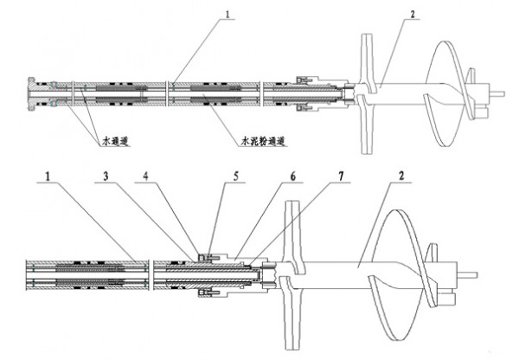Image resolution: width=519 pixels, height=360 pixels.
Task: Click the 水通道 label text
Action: [x=115, y=142]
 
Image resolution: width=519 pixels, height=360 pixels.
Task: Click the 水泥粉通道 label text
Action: [x=263, y=142]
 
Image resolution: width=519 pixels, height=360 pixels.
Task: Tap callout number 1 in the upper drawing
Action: [x=227, y=14]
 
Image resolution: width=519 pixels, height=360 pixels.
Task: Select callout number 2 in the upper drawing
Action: [x=413, y=14]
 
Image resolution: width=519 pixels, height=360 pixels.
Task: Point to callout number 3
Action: [x=106, y=177]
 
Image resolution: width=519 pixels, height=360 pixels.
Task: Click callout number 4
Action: [x=145, y=177]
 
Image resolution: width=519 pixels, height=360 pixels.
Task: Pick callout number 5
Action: [x=236, y=177]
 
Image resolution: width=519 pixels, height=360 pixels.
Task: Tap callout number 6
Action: [x=293, y=177]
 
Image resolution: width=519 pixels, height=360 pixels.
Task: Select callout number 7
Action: [x=342, y=177]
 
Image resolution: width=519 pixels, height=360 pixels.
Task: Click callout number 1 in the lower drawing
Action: [x=48, y=177]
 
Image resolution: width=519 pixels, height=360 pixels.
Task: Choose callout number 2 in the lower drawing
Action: [x=401, y=176]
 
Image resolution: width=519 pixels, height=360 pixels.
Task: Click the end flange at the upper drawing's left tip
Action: [x=31, y=94]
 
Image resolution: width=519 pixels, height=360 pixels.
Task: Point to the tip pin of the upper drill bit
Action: [x=497, y=93]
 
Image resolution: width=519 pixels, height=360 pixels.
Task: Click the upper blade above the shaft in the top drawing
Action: [x=367, y=61]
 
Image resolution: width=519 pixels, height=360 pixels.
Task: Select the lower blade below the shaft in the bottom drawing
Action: [x=291, y=313]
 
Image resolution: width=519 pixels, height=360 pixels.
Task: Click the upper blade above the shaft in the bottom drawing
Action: [x=292, y=235]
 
